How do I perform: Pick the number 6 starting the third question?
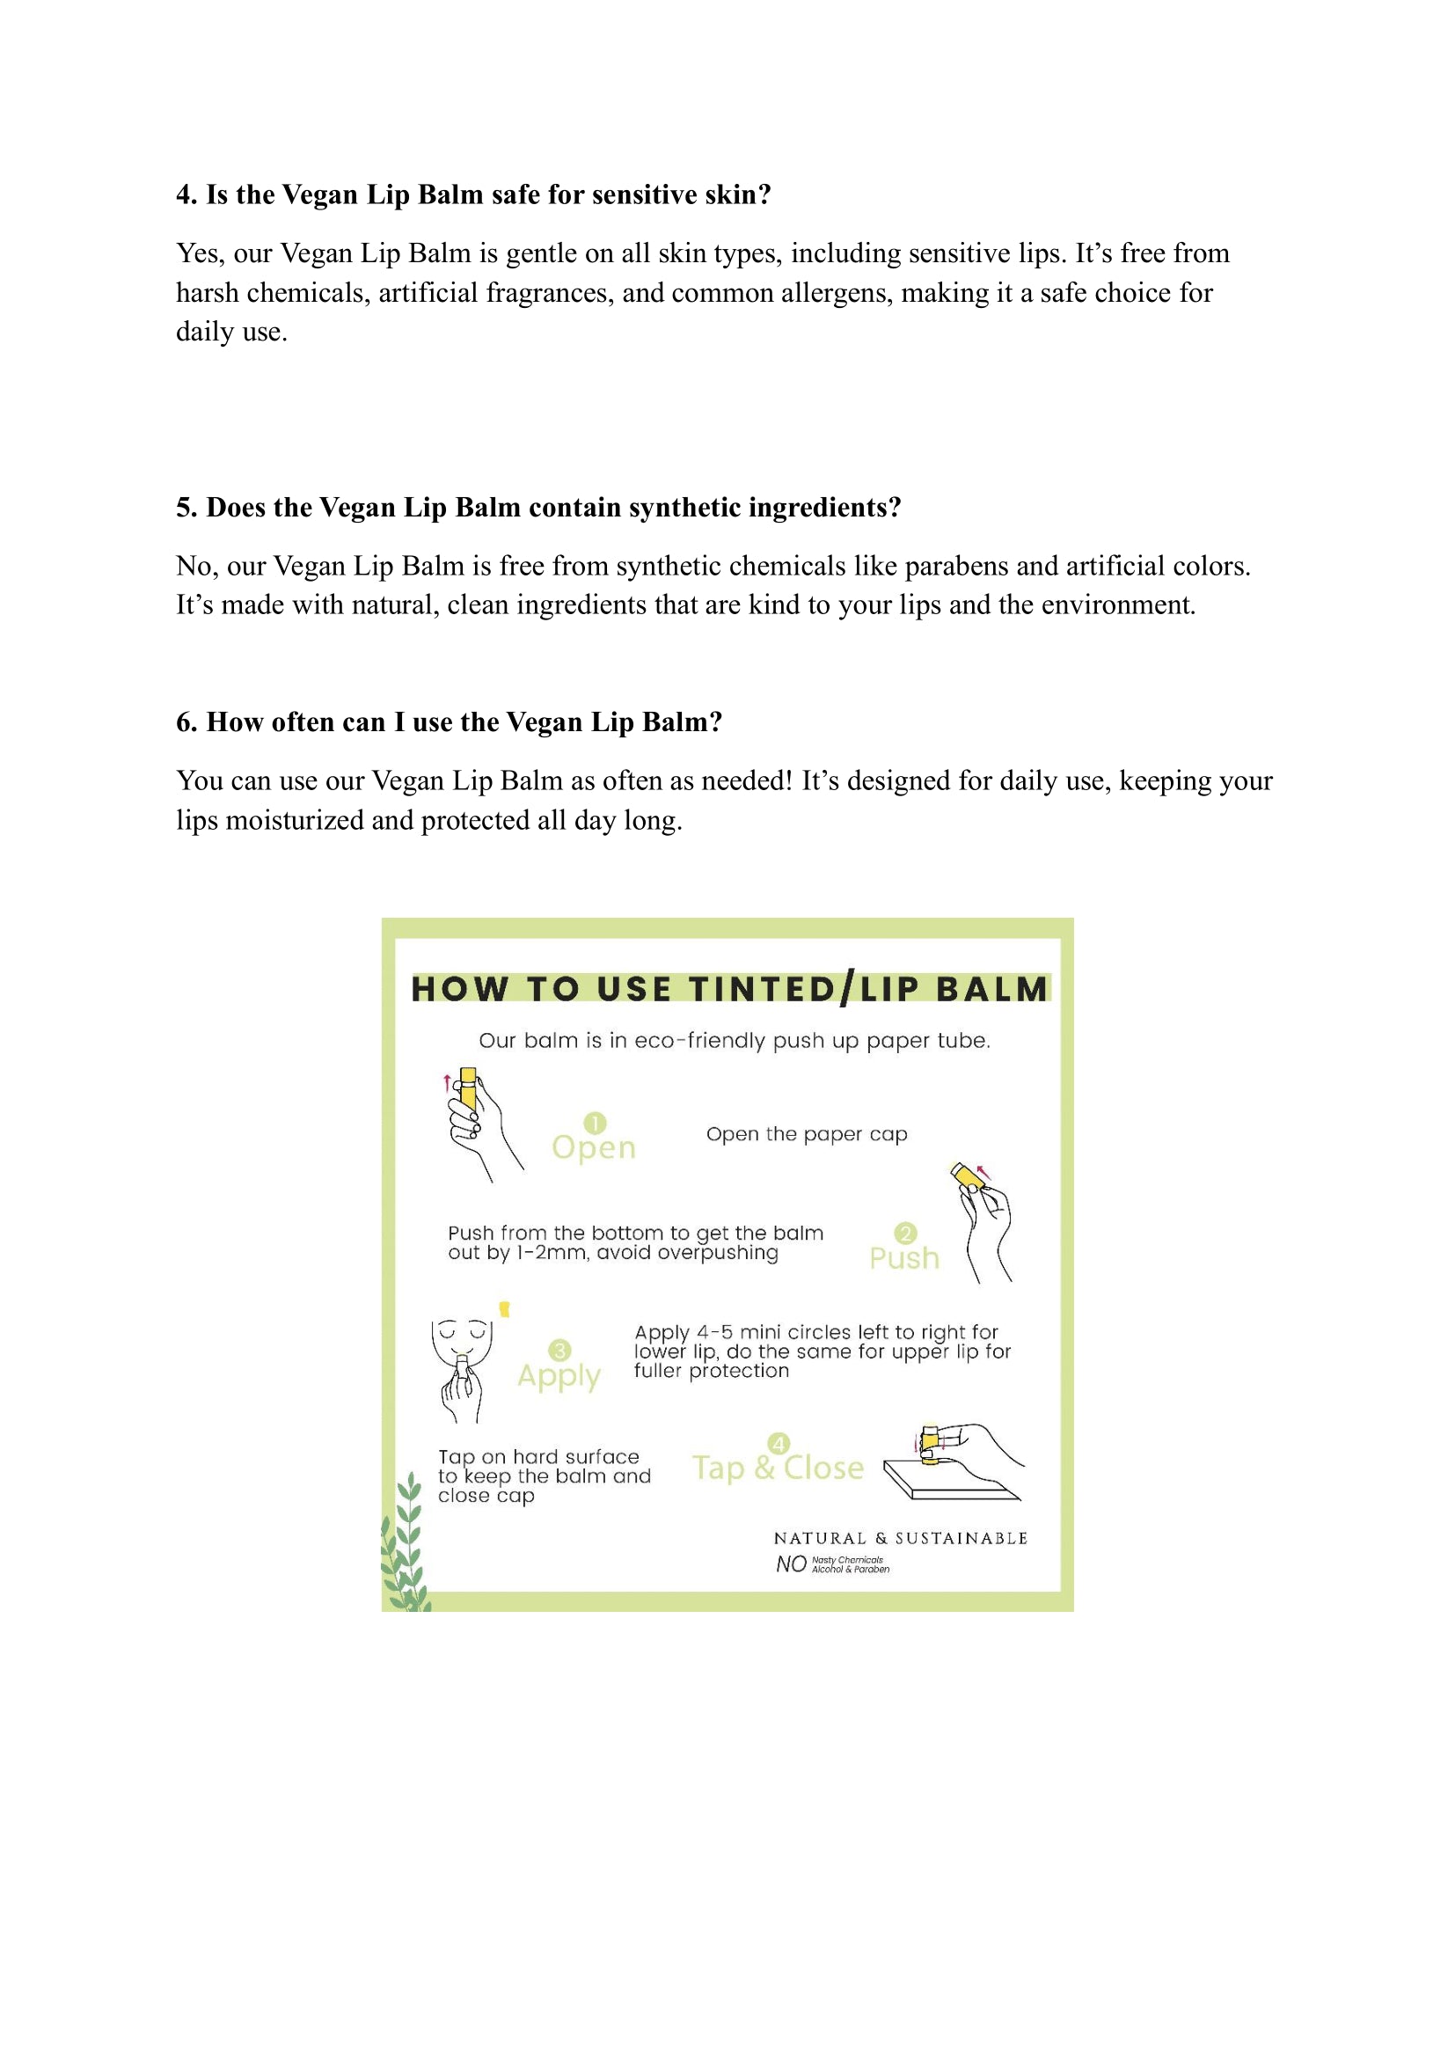tap(184, 721)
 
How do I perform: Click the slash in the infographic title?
tap(846, 988)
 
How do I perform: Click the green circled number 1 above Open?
tap(595, 1123)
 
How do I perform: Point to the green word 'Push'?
tap(904, 1258)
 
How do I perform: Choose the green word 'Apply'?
tap(559, 1376)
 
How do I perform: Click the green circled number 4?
tap(779, 1443)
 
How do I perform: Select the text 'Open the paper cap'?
tap(807, 1134)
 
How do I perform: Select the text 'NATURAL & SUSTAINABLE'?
tap(901, 1538)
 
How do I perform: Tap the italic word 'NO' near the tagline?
tap(791, 1564)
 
